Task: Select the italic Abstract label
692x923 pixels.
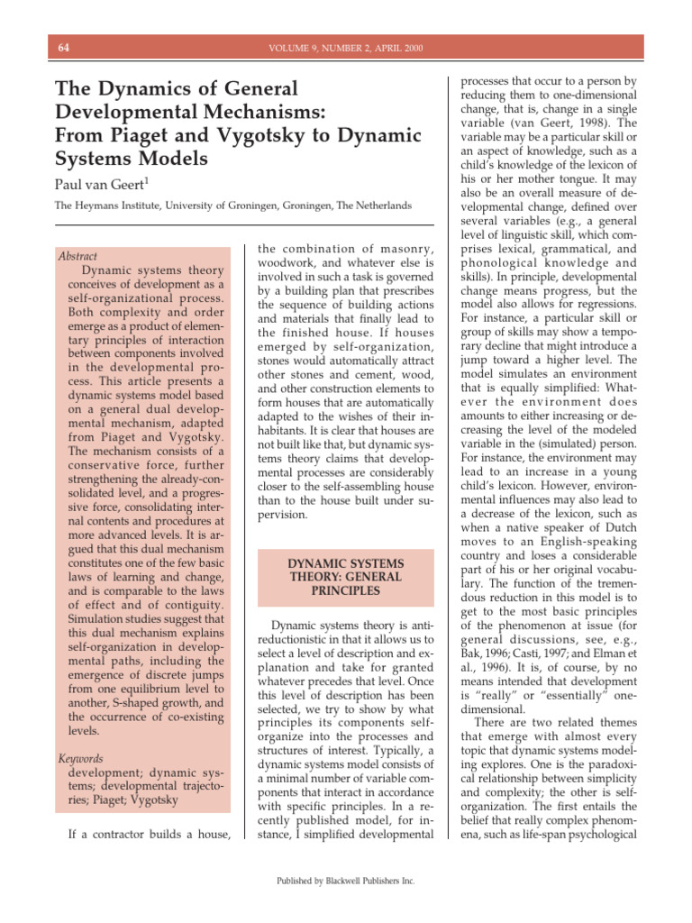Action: pyautogui.click(x=77, y=256)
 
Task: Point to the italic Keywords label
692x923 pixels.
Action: pyautogui.click(x=79, y=758)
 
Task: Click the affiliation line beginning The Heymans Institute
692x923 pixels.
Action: pyautogui.click(x=233, y=206)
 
